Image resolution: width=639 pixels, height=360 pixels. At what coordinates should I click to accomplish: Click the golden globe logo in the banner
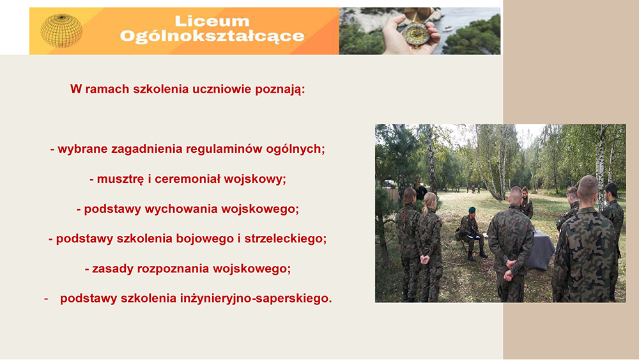coord(61,31)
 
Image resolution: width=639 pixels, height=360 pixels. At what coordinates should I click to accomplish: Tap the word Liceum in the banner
coord(212,21)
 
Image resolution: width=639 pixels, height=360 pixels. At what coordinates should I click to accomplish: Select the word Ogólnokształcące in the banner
coord(212,36)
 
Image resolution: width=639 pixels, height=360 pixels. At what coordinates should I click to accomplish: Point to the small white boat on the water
coord(448,28)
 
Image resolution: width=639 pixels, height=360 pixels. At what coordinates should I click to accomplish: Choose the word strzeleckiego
coord(285,239)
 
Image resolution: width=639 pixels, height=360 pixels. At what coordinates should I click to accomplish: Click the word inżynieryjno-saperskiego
coord(256,299)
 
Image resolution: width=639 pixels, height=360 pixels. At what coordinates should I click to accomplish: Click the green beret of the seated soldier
coord(472,210)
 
